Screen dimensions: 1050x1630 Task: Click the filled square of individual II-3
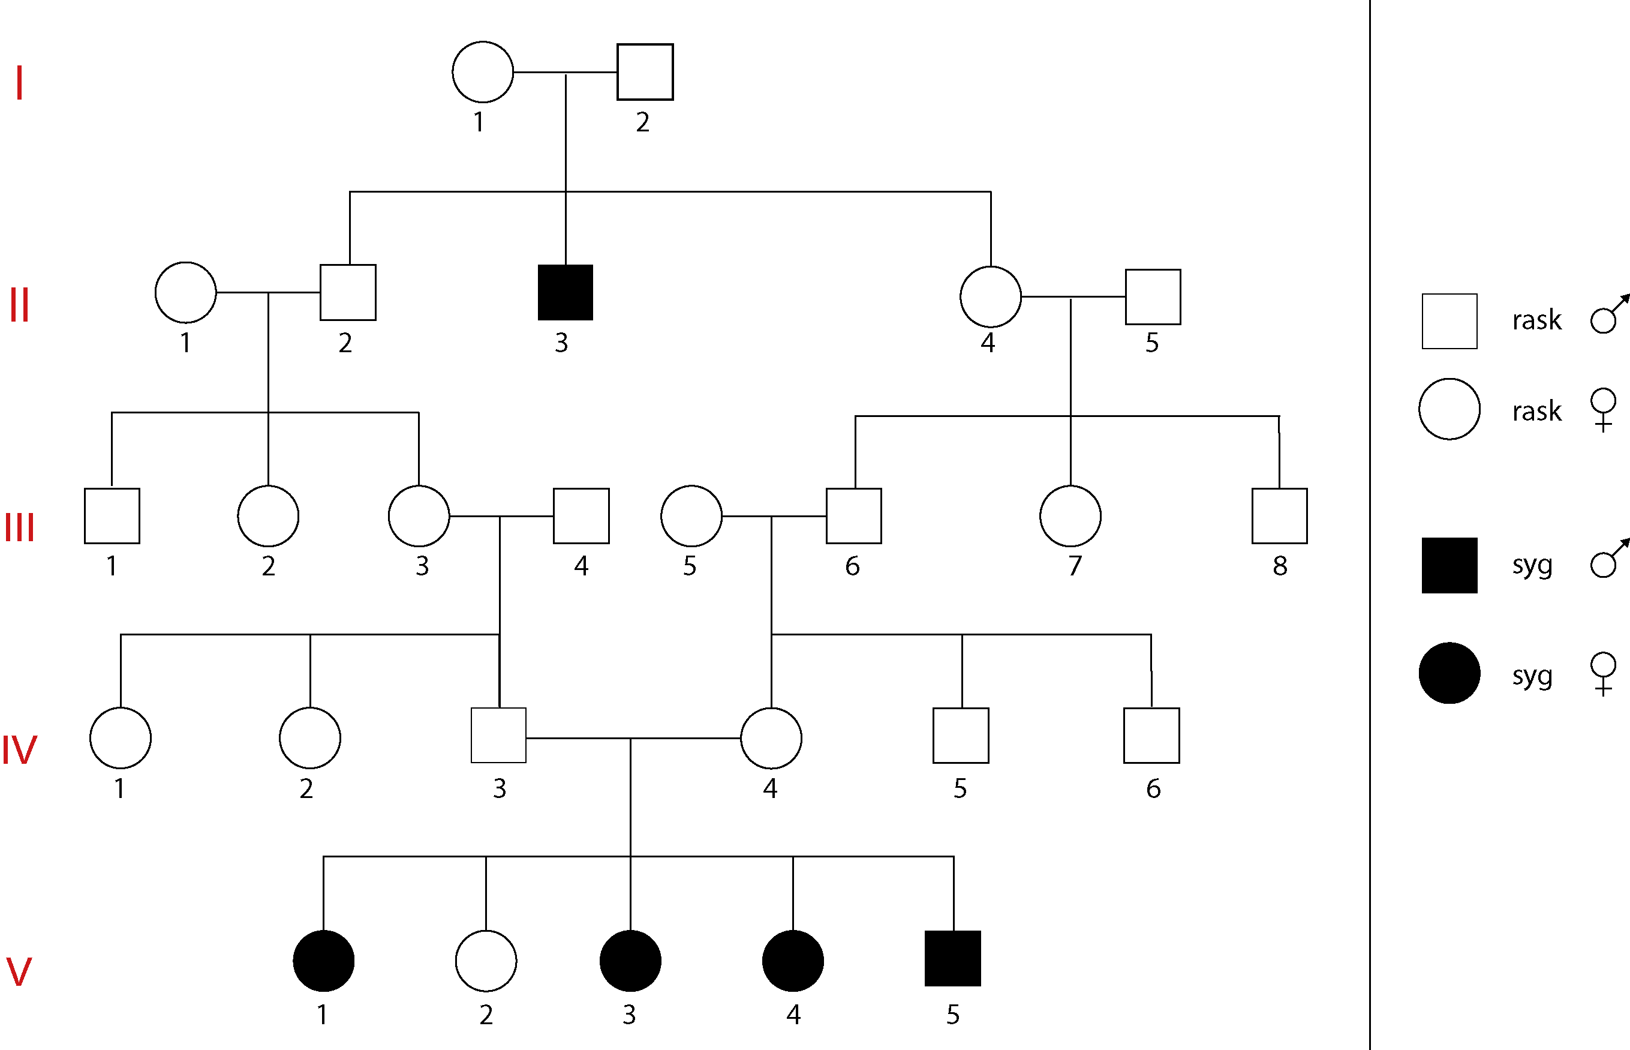point(565,293)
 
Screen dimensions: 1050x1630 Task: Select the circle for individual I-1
point(482,71)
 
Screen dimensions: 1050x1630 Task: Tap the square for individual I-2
point(645,72)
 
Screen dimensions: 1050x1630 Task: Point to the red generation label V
point(19,971)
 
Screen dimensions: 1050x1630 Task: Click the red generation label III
point(19,527)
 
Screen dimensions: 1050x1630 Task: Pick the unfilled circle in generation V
point(486,961)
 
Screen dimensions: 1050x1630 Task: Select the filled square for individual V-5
point(953,958)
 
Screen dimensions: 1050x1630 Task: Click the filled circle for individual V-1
point(324,961)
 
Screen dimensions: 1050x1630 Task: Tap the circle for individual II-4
point(990,296)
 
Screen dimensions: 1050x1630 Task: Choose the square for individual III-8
point(1279,516)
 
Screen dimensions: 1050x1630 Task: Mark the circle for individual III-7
point(1070,516)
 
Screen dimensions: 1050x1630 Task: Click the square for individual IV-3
point(499,735)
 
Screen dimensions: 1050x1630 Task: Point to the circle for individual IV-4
point(771,738)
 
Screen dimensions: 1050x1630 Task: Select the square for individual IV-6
point(1151,735)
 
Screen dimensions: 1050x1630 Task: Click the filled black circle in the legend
point(1449,673)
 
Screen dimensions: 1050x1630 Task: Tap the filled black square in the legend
point(1449,565)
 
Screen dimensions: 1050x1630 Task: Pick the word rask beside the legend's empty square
point(1536,320)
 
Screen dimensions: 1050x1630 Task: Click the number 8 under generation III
point(1280,566)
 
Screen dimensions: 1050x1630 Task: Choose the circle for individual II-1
point(185,293)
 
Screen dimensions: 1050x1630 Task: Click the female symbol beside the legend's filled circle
point(1603,674)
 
